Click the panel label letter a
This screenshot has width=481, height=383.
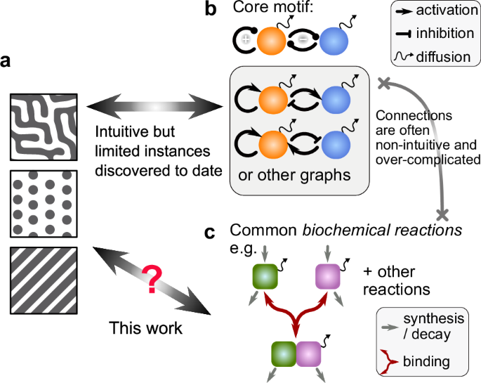6,63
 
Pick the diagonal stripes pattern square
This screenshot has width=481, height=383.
39,278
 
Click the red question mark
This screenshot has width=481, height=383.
151,280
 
